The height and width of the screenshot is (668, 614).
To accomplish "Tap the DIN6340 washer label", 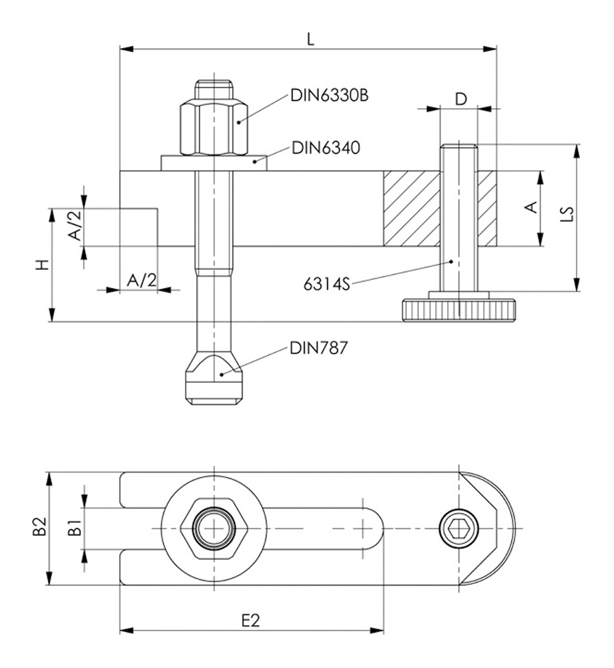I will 326,148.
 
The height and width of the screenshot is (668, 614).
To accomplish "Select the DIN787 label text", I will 318,348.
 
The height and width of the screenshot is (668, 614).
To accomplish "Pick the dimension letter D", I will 460,99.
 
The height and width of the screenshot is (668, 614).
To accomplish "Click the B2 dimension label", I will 40,528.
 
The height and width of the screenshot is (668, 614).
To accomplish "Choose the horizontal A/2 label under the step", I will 141,281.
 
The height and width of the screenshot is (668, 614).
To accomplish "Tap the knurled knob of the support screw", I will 459,311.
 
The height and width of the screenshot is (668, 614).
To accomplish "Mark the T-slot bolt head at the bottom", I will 214,381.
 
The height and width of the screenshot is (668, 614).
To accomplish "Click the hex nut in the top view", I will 214,528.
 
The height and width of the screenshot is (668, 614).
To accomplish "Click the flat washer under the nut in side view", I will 214,163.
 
